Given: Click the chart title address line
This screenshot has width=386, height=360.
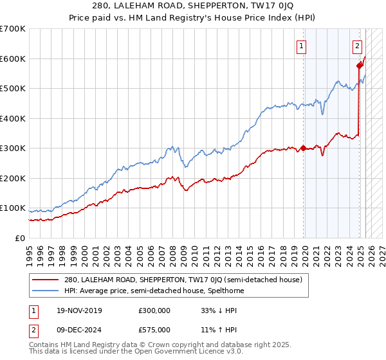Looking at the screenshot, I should (193, 6).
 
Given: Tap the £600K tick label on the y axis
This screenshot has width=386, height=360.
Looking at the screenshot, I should (13, 59).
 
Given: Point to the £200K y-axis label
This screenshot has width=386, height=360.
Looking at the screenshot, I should (13, 178).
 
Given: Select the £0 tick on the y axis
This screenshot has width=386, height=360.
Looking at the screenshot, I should (20, 238).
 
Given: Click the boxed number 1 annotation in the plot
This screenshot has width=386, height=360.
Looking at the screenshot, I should (301, 46).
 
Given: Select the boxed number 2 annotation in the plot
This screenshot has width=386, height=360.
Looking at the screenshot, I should (357, 46).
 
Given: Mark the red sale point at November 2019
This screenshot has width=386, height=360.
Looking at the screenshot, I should (303, 148).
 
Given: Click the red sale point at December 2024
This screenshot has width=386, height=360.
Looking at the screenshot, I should (360, 66).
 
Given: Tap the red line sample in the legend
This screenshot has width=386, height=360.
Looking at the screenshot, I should (46, 280).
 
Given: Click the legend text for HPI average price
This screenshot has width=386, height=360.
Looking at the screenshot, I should (154, 291).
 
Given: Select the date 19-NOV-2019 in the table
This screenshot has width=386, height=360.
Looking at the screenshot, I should (78, 310).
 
